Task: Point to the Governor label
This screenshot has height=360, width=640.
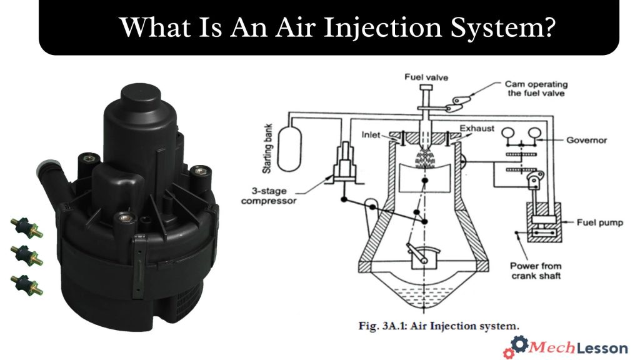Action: pyautogui.click(x=586, y=140)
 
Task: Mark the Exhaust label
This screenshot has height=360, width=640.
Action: pyautogui.click(x=477, y=129)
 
